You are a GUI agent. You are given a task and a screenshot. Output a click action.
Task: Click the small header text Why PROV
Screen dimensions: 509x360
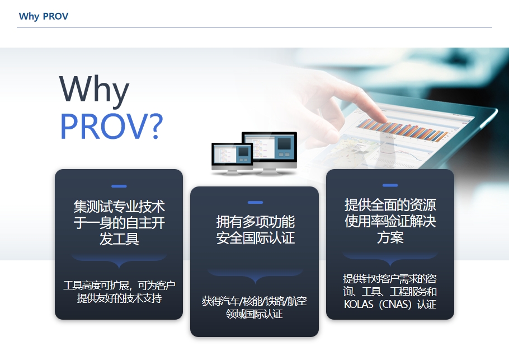click(x=44, y=16)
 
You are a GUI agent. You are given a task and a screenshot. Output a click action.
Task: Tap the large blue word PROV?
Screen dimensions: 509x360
click(x=111, y=126)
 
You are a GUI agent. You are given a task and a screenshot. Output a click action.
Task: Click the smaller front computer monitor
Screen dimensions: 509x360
click(x=232, y=157)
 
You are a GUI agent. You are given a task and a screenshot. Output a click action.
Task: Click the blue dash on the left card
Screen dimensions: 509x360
click(x=119, y=186)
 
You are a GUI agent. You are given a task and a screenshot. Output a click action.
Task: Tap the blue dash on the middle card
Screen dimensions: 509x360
click(x=255, y=203)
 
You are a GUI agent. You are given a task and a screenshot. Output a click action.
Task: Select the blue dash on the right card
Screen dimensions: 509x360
click(x=390, y=185)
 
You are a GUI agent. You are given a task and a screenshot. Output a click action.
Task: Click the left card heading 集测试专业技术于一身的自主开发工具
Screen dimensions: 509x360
click(x=119, y=223)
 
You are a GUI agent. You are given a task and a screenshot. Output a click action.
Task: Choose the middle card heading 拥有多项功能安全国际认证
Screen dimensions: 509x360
click(x=256, y=230)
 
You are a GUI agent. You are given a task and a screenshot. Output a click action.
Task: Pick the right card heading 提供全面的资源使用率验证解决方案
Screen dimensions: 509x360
click(x=390, y=221)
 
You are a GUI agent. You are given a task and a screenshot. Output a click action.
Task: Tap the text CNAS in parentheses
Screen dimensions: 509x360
click(x=395, y=305)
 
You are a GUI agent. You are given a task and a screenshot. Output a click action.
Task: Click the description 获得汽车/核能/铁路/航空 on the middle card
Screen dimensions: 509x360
click(x=254, y=301)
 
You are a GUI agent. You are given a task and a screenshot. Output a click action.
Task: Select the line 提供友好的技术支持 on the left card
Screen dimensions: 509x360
click(x=119, y=298)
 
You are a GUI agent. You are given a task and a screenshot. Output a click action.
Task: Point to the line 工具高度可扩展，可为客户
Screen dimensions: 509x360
click(x=119, y=286)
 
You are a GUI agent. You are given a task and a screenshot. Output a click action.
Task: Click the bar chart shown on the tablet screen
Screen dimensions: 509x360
click(x=403, y=130)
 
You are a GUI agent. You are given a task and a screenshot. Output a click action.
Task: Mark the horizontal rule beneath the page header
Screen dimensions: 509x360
click(x=254, y=27)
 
